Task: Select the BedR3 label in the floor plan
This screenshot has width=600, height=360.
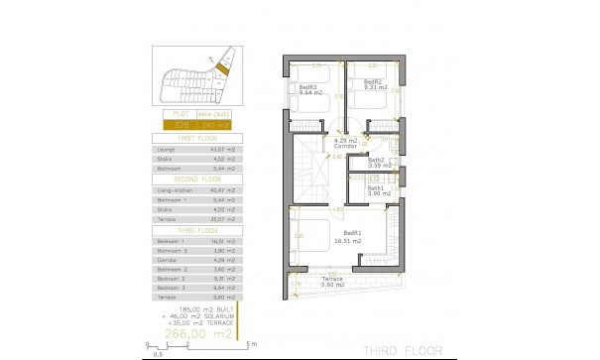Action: pos(308,88)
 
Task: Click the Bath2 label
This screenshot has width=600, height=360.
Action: pos(376,160)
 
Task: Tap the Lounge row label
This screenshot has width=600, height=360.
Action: pos(165,149)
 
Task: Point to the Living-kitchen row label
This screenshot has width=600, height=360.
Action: pos(174,189)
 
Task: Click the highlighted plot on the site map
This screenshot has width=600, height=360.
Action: pos(222,66)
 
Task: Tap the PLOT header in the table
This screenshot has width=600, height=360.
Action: pos(180,116)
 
